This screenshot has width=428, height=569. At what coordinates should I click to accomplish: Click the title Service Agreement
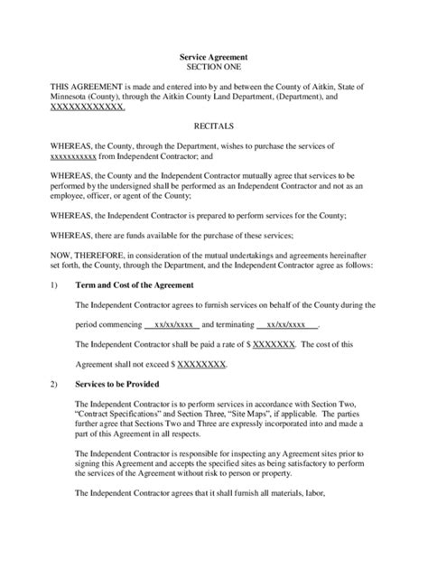(214, 56)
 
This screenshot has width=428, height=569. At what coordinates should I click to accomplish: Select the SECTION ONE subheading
(214, 67)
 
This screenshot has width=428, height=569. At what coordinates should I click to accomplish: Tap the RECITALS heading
(214, 128)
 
